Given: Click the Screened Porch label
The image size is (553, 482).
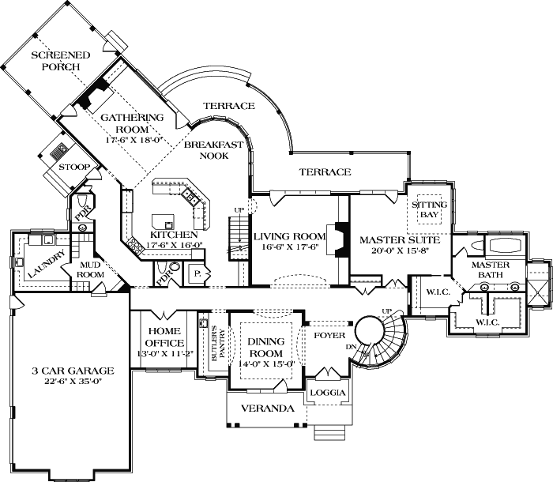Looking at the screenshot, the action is [x=60, y=61].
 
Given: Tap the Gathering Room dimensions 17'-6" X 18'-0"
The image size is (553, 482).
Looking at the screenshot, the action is [x=134, y=140].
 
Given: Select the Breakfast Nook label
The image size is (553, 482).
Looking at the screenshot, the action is [x=214, y=150].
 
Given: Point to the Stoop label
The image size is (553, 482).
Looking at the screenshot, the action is [x=74, y=167].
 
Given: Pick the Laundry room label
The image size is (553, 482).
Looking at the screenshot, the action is [x=46, y=263].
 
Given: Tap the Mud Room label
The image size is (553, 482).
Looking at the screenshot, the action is [x=91, y=269].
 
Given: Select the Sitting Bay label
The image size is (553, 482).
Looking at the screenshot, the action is [x=430, y=209].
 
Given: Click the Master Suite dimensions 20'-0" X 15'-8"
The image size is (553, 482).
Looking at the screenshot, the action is [x=400, y=251].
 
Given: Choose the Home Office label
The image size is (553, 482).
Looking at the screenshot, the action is [x=164, y=337].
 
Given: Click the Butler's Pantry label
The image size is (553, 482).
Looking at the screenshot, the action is [x=218, y=345].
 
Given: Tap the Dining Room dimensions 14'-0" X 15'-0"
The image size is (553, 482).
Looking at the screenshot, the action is [x=266, y=364].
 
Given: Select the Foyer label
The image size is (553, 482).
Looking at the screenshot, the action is [x=329, y=335].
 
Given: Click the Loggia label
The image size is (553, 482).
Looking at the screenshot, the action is [x=328, y=393].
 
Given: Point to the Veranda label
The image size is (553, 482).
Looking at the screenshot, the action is [x=268, y=409].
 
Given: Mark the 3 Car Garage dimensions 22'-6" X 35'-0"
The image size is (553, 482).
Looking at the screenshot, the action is [x=73, y=381].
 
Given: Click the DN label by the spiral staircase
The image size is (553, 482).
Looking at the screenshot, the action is [x=351, y=347].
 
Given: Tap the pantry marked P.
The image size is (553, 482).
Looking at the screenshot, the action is [x=197, y=274].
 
